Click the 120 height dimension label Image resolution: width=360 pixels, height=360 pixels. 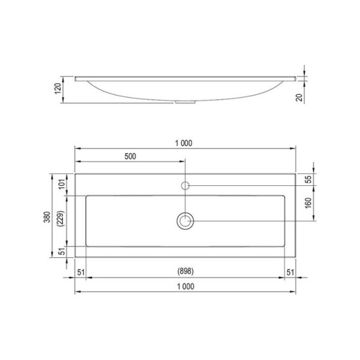point(58,88)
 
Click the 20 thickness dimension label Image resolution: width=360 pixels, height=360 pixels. point(299,98)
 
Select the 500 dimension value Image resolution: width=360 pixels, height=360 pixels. point(130,156)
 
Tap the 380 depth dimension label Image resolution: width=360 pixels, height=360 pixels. point(47,217)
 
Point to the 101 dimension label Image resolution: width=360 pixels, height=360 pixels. point(62,184)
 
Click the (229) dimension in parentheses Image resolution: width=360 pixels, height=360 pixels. point(60,219)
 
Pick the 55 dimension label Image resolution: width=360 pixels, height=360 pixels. point(310,179)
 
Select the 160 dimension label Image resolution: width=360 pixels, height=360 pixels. point(308,203)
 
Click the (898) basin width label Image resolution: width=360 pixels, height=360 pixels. point(185,271)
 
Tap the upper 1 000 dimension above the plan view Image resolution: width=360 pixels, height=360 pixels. point(184,143)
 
